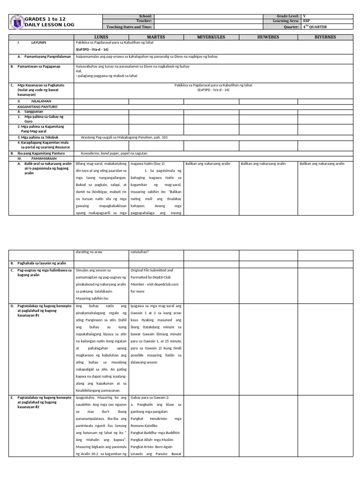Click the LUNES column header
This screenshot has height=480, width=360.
(x=101, y=37)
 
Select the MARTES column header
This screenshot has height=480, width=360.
(x=156, y=37)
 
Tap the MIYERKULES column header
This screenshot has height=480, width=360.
(x=211, y=37)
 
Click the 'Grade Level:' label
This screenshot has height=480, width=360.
(x=288, y=16)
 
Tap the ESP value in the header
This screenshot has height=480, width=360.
(x=307, y=21)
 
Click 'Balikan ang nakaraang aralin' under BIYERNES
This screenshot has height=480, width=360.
(x=322, y=164)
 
